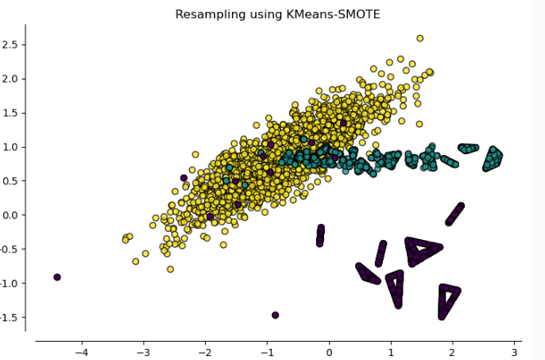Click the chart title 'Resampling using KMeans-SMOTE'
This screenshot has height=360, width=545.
pyautogui.click(x=277, y=14)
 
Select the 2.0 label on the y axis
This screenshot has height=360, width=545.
pyautogui.click(x=11, y=79)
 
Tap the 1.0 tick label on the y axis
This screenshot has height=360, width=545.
pyautogui.click(x=11, y=147)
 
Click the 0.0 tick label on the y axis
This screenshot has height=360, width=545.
pyautogui.click(x=11, y=215)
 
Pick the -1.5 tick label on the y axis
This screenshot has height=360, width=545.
pyautogui.click(x=9, y=318)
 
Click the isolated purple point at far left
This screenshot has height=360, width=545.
pyautogui.click(x=57, y=277)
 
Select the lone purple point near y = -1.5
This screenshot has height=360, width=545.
pyautogui.click(x=276, y=315)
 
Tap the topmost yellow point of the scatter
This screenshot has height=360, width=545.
pyautogui.click(x=420, y=38)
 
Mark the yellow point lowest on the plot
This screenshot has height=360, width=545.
pyautogui.click(x=170, y=269)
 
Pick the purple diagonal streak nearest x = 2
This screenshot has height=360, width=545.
pyautogui.click(x=454, y=214)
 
